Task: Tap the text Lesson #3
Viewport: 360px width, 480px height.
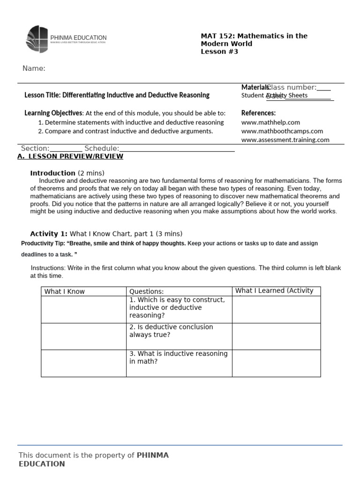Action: (x=219, y=52)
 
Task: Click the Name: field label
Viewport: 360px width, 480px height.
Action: (x=34, y=69)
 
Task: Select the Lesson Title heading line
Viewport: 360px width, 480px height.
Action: (x=117, y=95)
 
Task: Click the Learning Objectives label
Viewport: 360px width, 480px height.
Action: (x=53, y=113)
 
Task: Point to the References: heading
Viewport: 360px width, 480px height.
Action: (x=258, y=113)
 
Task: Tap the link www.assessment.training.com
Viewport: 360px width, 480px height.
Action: (x=285, y=140)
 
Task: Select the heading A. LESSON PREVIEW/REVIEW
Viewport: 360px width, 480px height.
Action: (x=70, y=157)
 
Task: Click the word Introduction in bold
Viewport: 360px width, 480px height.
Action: (x=52, y=173)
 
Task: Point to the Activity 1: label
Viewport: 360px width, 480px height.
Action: (x=49, y=233)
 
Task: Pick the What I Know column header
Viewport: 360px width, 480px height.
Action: (x=65, y=292)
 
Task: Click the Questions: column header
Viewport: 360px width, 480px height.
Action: (x=146, y=292)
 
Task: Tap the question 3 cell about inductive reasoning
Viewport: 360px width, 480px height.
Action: (x=178, y=358)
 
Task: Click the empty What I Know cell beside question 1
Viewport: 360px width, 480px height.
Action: (x=83, y=309)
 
